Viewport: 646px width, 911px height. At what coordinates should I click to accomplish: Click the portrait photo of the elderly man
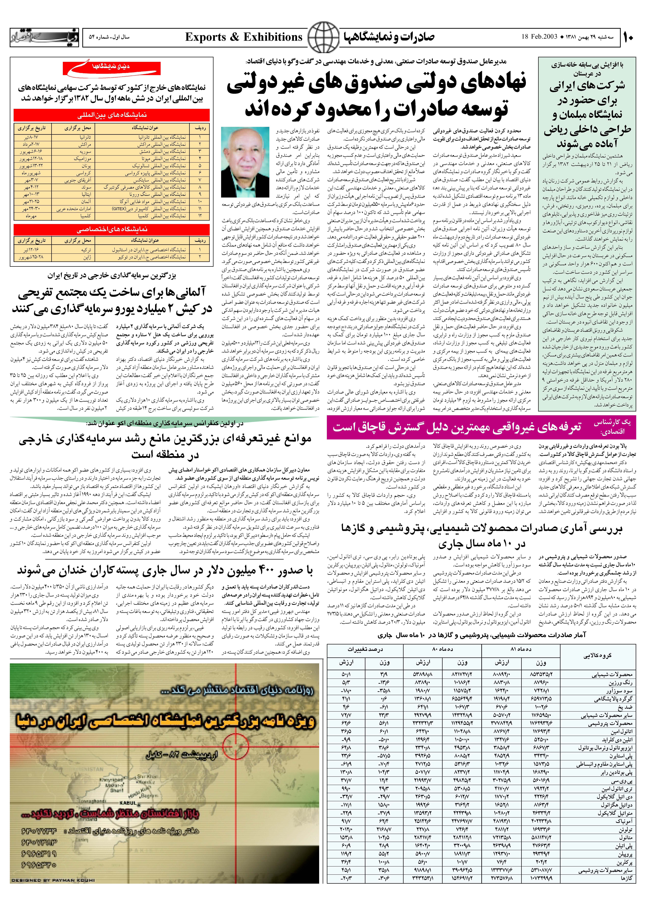pyautogui.click(x=245, y=162)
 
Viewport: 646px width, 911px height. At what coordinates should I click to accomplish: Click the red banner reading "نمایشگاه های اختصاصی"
pyautogui.click(x=112, y=229)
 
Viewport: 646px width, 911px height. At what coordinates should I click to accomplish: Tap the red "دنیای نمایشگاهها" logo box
pyautogui.click(x=112, y=68)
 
